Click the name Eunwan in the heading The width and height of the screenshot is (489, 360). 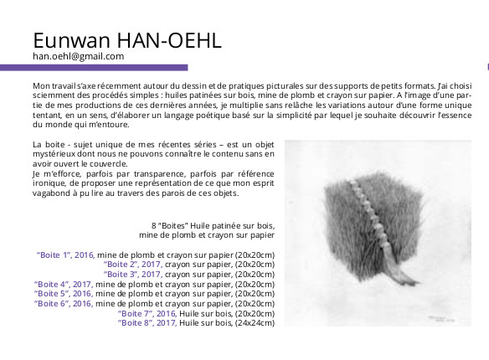tap(72, 40)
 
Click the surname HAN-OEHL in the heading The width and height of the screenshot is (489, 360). tap(169, 40)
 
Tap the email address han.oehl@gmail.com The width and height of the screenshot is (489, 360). tap(78, 56)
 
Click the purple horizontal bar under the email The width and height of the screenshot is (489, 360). tap(94, 67)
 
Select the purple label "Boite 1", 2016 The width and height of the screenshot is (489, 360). tap(65, 255)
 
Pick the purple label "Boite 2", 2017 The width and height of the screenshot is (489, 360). tap(133, 265)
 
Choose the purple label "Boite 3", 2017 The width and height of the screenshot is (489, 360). tap(133, 275)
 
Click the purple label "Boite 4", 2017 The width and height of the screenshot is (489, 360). tap(64, 285)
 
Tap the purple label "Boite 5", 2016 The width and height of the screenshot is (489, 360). tap(64, 294)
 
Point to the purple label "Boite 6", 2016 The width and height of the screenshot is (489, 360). tap(64, 304)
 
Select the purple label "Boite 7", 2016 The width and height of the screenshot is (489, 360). tap(147, 314)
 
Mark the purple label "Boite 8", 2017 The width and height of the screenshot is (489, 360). tap(147, 323)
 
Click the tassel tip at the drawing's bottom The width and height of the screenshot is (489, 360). tap(416, 283)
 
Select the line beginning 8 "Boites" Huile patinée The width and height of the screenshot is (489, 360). tap(213, 225)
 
